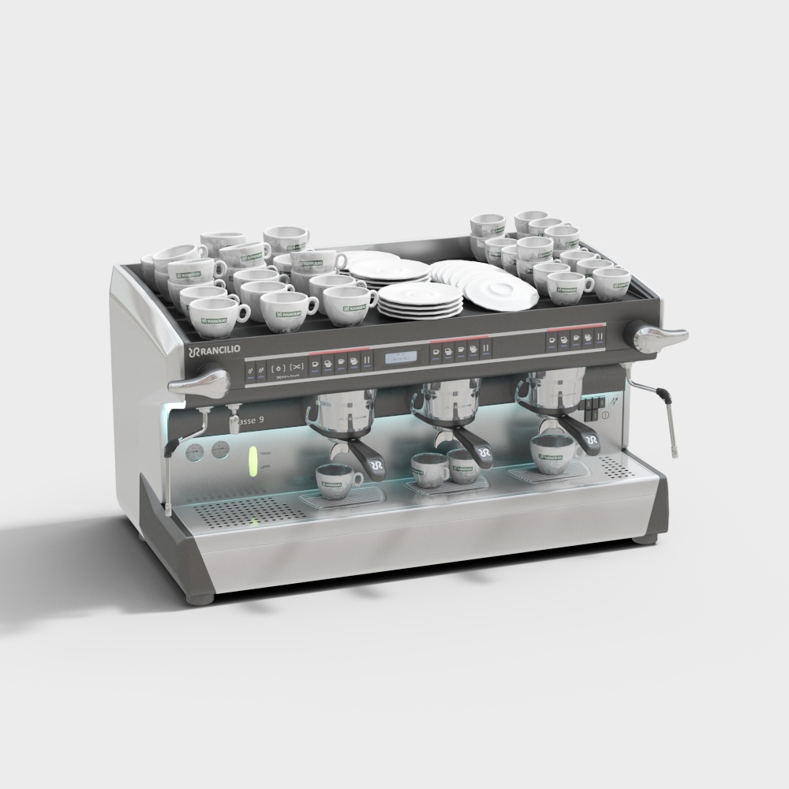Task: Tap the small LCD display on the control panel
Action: coord(401,357)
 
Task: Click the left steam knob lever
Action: coord(199,384)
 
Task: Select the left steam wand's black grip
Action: coord(170,449)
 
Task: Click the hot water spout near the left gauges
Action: coord(234,410)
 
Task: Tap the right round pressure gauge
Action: coord(219,450)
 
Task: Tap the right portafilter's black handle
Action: coord(588,441)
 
